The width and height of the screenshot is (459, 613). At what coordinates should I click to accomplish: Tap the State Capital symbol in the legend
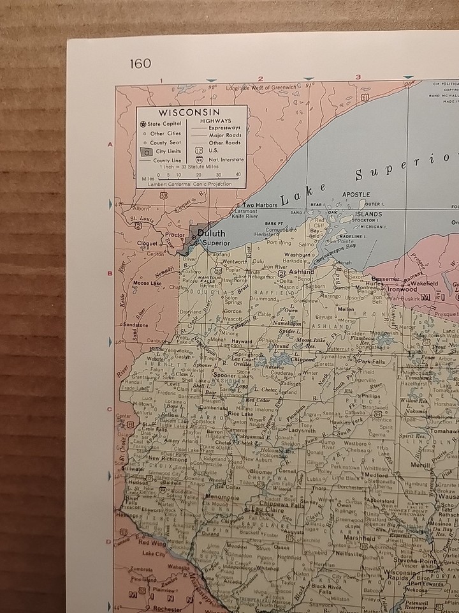pyautogui.click(x=142, y=124)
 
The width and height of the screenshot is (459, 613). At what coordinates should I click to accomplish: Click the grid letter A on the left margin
pyautogui.click(x=110, y=145)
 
